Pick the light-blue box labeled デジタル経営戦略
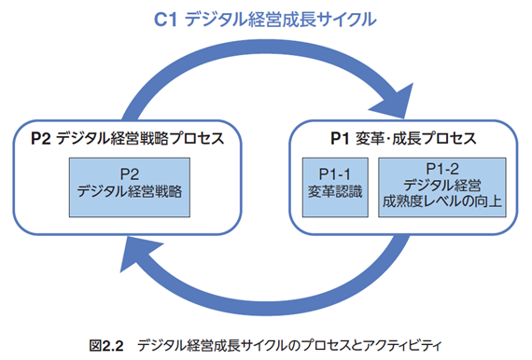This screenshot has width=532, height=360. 131,182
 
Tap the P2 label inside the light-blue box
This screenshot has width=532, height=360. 131,173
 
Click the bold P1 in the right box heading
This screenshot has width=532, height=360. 341,141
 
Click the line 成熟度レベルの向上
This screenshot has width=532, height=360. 441,200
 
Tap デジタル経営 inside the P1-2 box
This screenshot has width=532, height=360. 441,183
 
